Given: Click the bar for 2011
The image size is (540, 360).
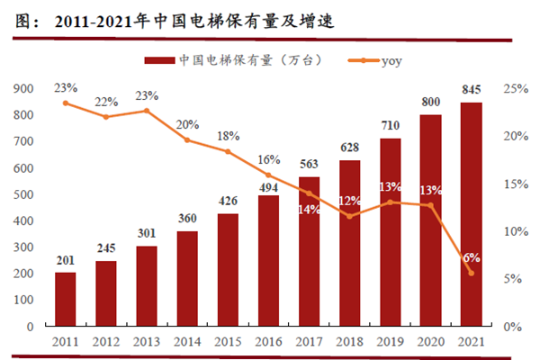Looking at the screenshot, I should coord(66,299).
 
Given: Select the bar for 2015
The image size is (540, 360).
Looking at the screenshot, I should coord(228,270).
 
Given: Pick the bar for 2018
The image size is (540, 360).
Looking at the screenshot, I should coord(349,243).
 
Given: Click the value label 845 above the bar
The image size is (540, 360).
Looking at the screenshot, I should coord(471,89).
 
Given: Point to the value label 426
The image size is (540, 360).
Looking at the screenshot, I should coord(228,201).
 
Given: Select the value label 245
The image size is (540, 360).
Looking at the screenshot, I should coord(106,248).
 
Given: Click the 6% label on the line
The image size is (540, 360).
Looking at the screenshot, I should coord(471,257).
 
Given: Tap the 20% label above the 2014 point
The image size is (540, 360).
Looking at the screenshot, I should coord(187,124).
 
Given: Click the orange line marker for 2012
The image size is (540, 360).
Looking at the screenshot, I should coord(106,117).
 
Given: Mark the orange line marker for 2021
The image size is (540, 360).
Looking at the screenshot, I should coord(471,273).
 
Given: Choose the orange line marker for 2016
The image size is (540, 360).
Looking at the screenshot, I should coord(268,175).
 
